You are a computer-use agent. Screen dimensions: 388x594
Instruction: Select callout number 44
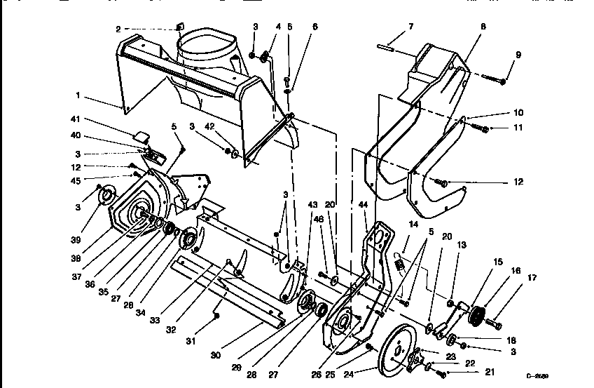[363, 204]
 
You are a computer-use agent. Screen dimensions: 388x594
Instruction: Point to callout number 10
[518, 112]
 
